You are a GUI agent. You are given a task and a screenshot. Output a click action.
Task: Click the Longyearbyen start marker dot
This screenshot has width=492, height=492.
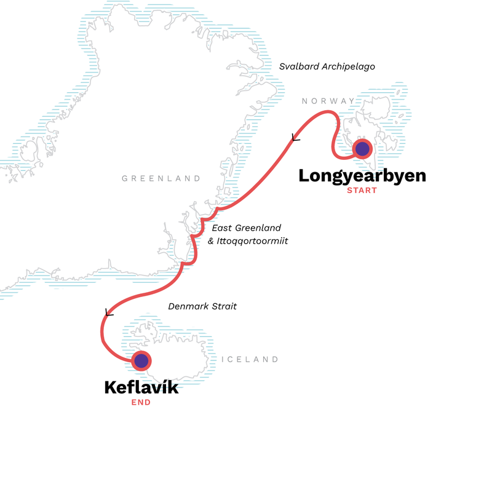(362, 148)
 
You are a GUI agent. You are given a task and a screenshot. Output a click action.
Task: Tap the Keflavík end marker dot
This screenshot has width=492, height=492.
(141, 361)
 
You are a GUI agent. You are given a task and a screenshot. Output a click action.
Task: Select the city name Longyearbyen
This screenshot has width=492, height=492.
(362, 175)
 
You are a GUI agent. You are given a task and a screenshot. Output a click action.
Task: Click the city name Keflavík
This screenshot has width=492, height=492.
(141, 387)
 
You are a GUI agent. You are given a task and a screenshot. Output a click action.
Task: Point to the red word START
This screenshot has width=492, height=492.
(362, 190)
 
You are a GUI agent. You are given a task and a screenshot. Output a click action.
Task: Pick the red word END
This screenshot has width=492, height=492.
(141, 403)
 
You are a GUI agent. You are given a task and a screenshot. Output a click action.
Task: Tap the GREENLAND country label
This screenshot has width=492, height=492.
(161, 178)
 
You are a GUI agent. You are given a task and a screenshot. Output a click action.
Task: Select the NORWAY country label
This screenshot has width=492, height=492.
(328, 101)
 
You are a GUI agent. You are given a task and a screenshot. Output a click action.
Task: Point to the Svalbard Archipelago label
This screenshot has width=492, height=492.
(327, 66)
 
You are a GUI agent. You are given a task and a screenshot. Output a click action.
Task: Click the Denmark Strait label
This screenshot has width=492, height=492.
(202, 306)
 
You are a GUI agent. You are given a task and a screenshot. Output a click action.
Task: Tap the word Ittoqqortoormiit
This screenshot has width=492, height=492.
(253, 241)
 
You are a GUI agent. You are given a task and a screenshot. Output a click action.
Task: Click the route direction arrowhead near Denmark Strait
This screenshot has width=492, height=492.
(109, 312)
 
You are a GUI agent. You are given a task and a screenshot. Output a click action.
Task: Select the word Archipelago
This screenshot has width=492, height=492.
(347, 66)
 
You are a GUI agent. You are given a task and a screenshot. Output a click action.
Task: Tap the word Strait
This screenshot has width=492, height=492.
(224, 306)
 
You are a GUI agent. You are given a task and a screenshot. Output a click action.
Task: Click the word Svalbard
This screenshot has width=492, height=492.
(298, 66)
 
